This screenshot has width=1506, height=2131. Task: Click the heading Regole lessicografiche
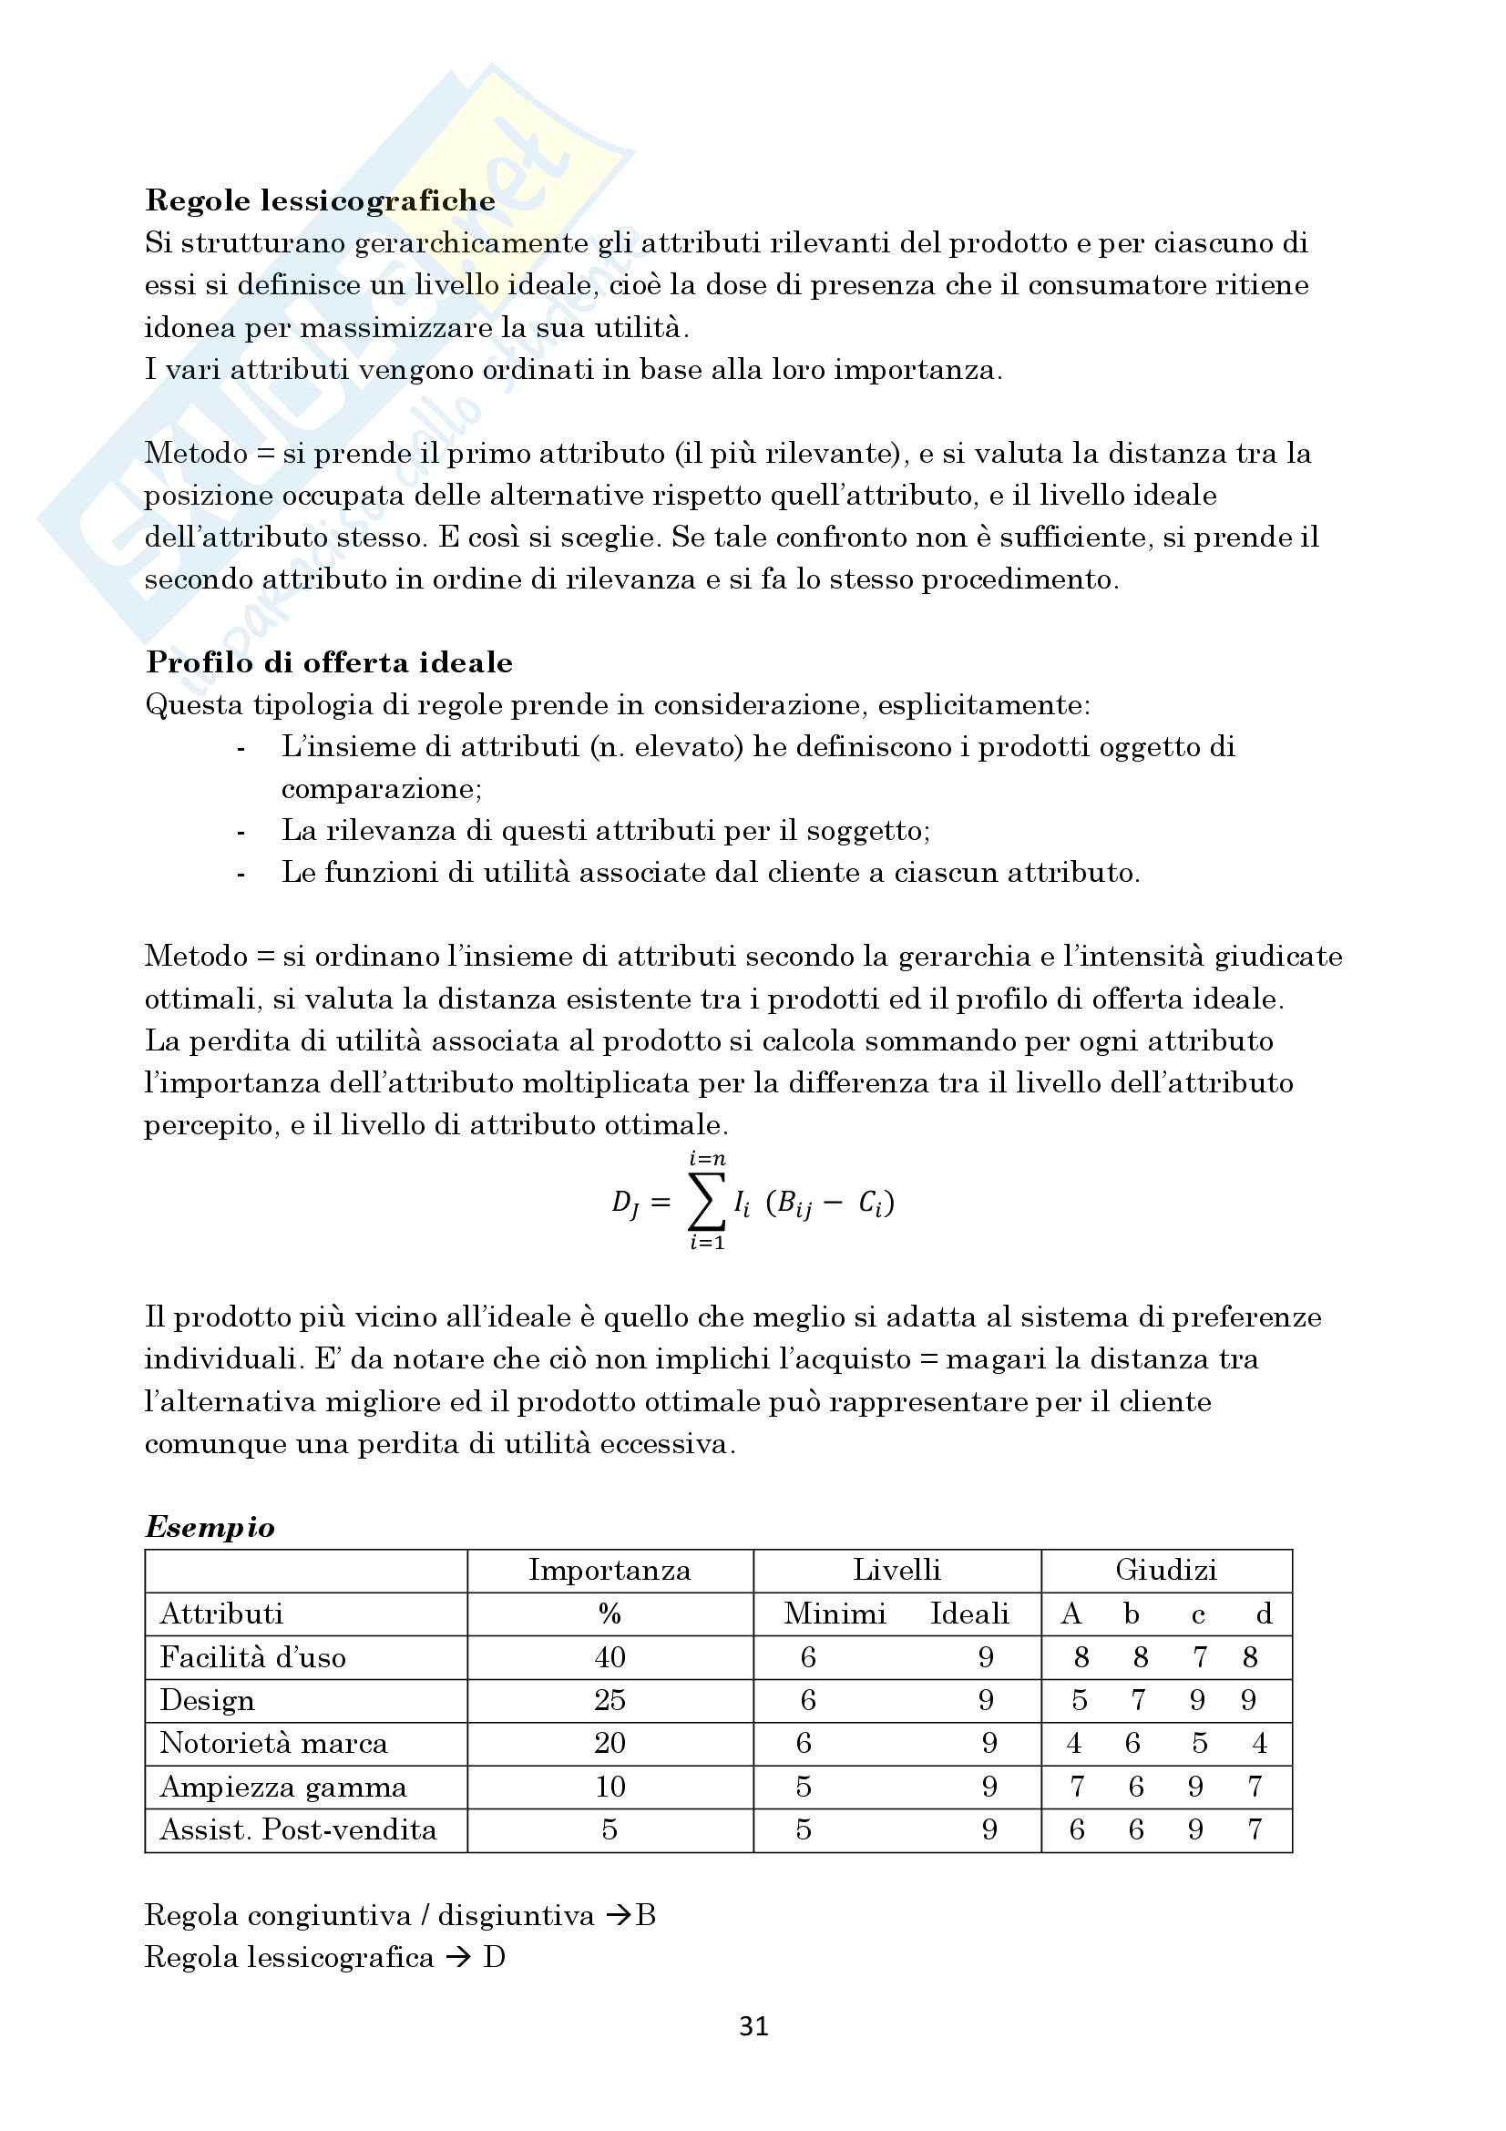320,200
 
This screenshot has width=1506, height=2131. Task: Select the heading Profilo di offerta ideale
330,662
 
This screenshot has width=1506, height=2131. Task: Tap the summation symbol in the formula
705,1203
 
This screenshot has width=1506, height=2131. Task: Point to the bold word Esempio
210,1528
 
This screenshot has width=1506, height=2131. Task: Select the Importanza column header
610,1571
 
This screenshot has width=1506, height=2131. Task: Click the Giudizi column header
1165,1571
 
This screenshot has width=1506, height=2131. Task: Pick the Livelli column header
896,1571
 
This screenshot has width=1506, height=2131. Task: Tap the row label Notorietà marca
273,1743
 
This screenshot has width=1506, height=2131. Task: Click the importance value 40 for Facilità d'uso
610,1657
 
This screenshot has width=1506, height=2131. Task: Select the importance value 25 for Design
610,1700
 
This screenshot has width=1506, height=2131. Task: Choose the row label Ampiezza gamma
283,1787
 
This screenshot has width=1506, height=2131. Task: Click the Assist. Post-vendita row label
298,1829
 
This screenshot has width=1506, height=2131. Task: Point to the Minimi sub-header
835,1614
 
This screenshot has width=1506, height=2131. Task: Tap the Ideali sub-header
969,1614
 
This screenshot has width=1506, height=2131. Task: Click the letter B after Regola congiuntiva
646,1916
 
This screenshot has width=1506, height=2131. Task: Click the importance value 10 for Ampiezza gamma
610,1787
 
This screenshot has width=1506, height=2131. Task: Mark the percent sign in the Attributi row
610,1614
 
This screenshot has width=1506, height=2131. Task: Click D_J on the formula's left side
625,1204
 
